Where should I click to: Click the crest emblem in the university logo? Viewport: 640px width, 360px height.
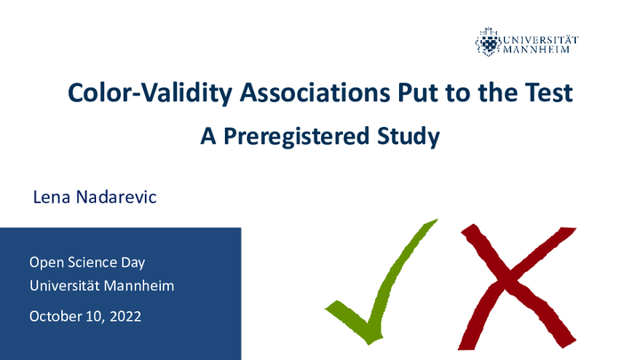(487, 42)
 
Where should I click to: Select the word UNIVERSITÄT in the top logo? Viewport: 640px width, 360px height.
(540, 40)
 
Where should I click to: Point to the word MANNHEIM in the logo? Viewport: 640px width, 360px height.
(536, 50)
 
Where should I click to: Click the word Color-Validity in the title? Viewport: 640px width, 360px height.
(150, 93)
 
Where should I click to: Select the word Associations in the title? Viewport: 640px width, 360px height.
(315, 92)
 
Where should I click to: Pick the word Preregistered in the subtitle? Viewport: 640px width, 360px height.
(297, 136)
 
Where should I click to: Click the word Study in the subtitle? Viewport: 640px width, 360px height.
(408, 136)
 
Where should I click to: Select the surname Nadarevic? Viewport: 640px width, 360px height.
(116, 197)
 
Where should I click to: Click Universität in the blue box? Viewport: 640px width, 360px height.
(65, 285)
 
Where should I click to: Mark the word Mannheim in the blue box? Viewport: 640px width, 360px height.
(140, 285)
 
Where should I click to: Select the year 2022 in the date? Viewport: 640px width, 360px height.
(125, 316)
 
